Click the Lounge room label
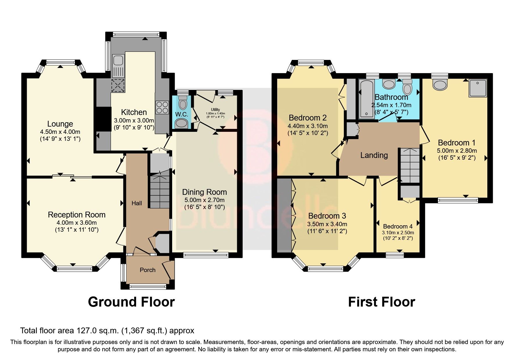(60, 124)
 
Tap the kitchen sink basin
(118, 61)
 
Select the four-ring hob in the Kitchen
(162, 107)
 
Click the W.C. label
(182, 114)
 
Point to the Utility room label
(215, 109)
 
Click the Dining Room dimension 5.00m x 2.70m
(204, 200)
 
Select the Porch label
(147, 270)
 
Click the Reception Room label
(77, 215)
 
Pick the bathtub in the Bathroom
(367, 99)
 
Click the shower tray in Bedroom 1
(477, 88)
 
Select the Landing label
(374, 155)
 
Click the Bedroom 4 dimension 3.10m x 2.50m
(398, 233)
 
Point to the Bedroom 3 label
(327, 216)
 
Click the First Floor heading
(381, 302)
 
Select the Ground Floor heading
(131, 302)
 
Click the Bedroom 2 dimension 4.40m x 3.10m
(308, 126)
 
